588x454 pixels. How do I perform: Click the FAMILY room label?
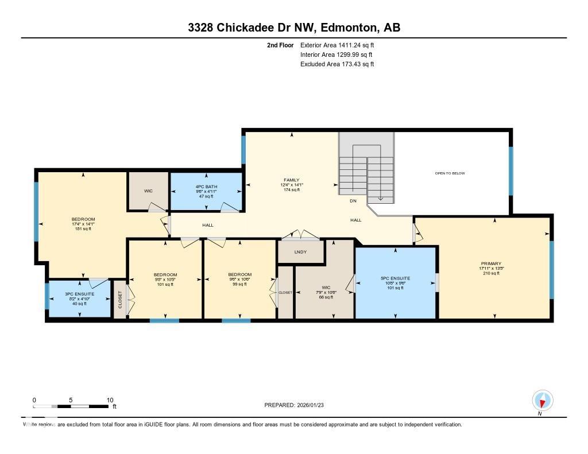(292, 180)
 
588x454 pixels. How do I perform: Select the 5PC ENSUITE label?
(396, 278)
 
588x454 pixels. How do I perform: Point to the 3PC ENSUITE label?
(79, 294)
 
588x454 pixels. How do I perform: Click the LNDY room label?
(300, 252)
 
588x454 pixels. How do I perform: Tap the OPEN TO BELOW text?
(450, 173)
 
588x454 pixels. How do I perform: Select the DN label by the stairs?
(353, 201)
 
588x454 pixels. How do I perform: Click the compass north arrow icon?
(542, 400)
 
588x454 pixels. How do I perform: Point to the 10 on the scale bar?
(110, 399)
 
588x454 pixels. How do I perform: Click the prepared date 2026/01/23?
(314, 405)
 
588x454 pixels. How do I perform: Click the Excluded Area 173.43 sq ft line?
(337, 64)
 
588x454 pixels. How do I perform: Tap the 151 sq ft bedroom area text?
(83, 228)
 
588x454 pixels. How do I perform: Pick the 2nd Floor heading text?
(280, 45)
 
